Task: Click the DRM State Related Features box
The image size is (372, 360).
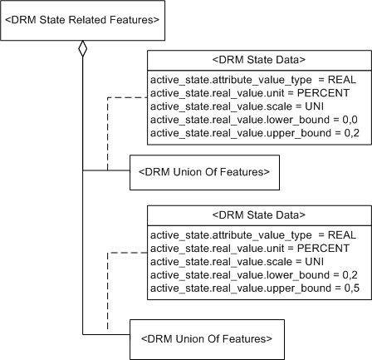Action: click(82, 19)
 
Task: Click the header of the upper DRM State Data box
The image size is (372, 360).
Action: click(259, 59)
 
